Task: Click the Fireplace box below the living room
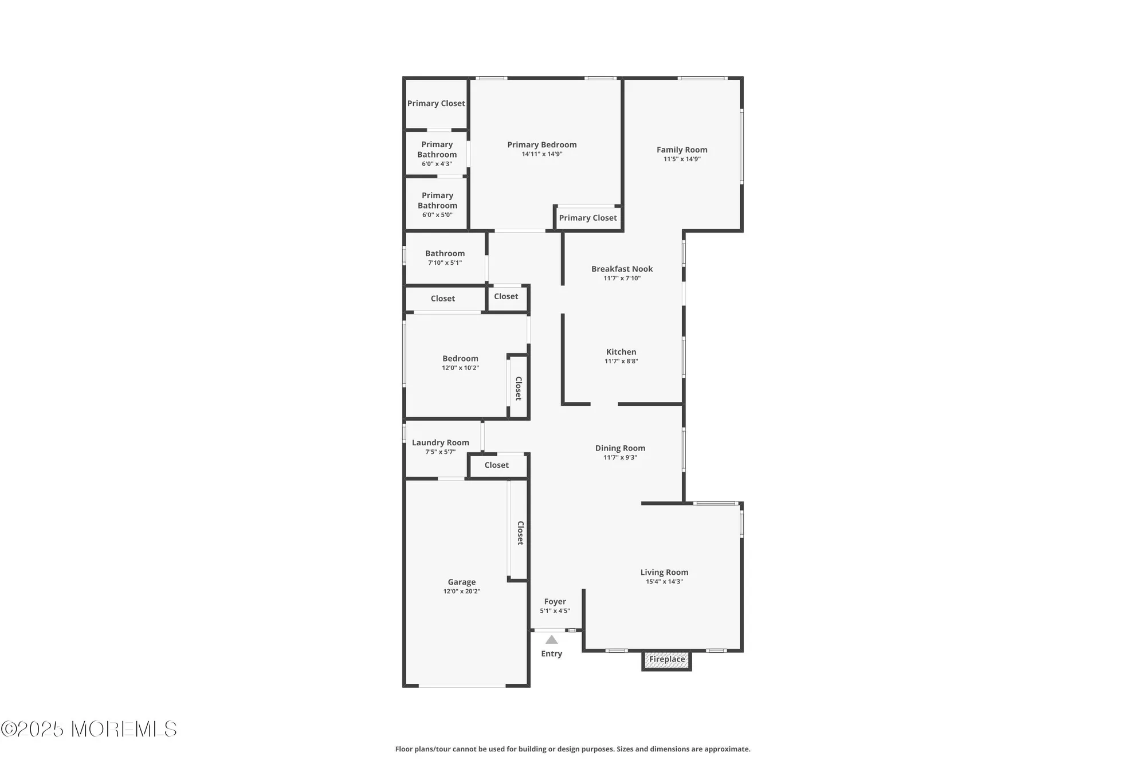coord(666,660)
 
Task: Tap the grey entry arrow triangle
coord(551,640)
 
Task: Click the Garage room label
coord(462,582)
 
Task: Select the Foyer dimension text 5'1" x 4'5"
coord(555,611)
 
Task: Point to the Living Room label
coord(664,572)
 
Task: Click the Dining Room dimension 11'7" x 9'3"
coord(620,457)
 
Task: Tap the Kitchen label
coord(621,352)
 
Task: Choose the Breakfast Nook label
coord(622,269)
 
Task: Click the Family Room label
coord(682,150)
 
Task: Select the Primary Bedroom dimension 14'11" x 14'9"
coord(541,154)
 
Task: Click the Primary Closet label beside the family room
coord(588,218)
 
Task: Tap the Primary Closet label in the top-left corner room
coord(436,103)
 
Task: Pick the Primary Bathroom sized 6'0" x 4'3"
coord(437,154)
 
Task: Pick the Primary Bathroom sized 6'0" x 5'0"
coord(437,205)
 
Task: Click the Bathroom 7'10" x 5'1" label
coord(445,257)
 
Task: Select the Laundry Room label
coord(440,442)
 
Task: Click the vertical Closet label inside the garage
coord(520,533)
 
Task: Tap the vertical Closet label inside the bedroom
coord(518,389)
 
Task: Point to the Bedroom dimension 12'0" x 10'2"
coord(460,368)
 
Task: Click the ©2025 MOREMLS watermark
coord(89,729)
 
